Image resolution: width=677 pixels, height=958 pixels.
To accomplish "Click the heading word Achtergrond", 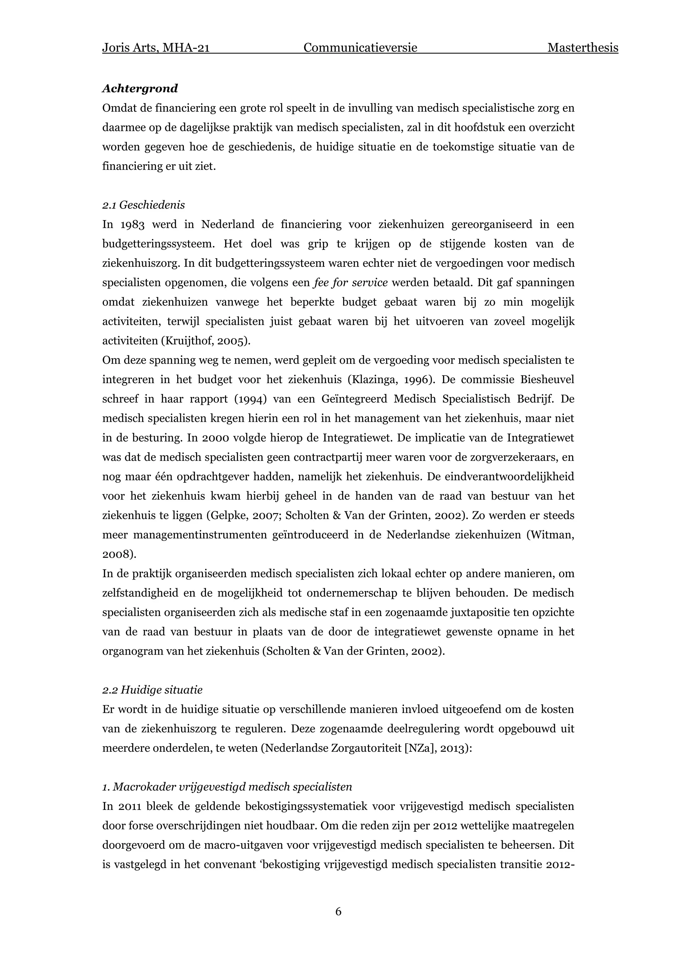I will coord(140,89).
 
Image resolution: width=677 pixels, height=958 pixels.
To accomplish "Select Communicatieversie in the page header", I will coord(360,48).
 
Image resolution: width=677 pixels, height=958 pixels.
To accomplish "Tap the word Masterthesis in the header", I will coord(582,48).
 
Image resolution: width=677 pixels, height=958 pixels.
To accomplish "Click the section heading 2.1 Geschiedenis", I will coord(143,205).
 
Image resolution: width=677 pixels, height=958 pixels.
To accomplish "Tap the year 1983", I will coord(132,224).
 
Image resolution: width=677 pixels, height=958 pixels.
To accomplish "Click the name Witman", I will coord(551,535).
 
